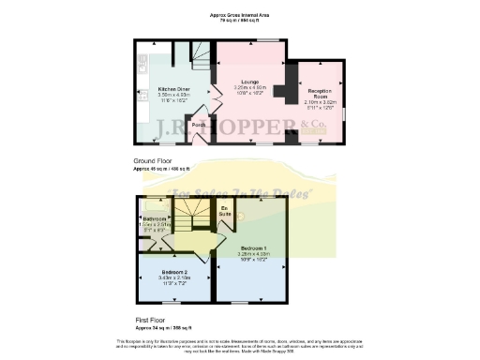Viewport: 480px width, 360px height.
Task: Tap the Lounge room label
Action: (248, 82)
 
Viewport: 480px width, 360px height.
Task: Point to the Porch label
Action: (199, 124)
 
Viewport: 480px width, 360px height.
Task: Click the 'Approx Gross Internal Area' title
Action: (239, 15)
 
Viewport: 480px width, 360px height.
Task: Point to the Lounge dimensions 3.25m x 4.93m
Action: (248, 88)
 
